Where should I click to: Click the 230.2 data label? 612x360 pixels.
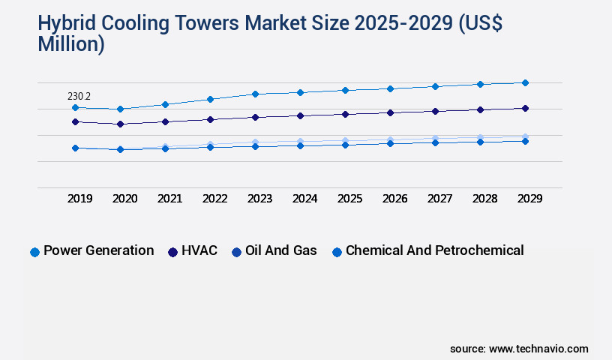coord(79,97)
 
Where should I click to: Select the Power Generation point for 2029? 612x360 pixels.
coord(525,82)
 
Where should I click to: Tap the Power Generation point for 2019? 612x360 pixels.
coord(75,107)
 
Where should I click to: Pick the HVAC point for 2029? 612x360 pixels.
coord(525,108)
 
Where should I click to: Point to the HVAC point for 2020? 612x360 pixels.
coord(120,124)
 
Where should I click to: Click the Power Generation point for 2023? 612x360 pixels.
coord(255,94)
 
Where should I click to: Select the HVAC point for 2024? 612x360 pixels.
coord(300,115)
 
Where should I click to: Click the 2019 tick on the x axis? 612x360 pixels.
coord(79,199)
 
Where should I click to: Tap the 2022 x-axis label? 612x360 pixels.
coord(214,199)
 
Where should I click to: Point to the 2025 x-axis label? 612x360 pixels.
coord(349,199)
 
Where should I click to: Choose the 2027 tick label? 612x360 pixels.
coord(439,199)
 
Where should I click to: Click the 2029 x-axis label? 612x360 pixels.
coord(529,199)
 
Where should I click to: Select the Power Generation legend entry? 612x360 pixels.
coord(92,251)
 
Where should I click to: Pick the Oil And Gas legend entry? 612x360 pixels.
coord(274,251)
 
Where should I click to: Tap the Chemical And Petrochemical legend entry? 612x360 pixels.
coord(427,251)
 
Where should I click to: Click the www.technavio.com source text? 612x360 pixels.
coord(538,349)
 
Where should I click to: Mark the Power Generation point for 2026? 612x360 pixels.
coord(390,88)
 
